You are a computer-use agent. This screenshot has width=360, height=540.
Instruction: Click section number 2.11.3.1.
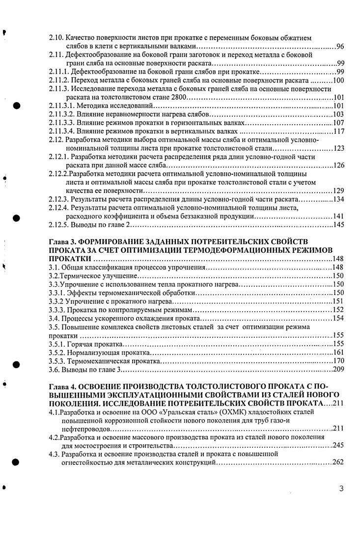pyautogui.click(x=63, y=106)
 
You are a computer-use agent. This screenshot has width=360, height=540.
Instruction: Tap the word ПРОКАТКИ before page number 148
pyautogui.click(x=70, y=259)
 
